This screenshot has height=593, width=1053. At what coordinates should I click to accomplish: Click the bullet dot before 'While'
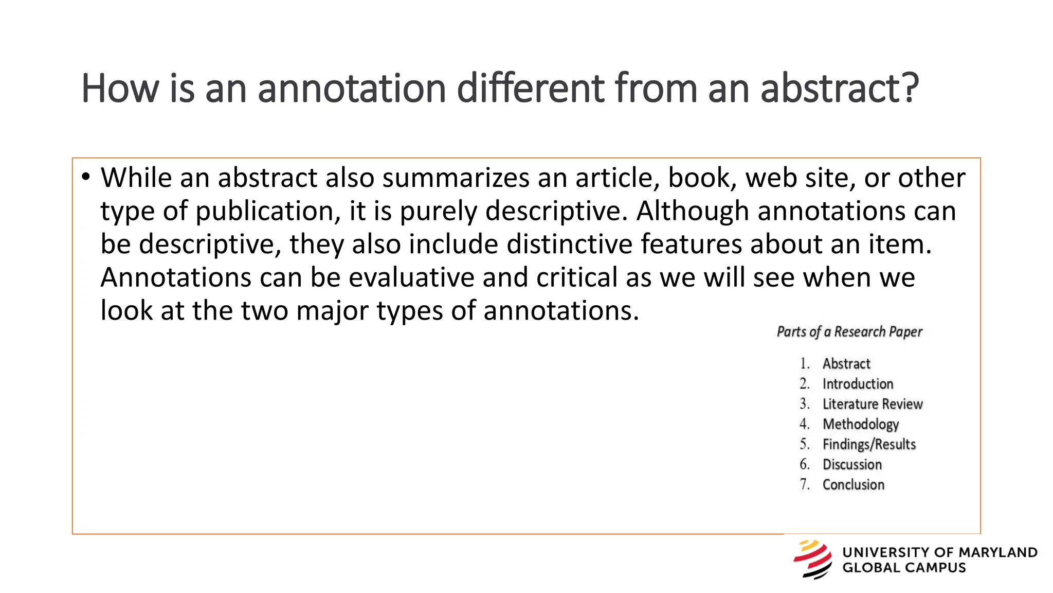(x=85, y=178)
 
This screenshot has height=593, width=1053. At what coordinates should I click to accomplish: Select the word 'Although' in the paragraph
(x=692, y=211)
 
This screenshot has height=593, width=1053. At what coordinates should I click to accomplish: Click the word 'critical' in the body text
(x=576, y=277)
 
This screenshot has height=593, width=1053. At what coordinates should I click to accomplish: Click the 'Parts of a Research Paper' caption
(x=849, y=332)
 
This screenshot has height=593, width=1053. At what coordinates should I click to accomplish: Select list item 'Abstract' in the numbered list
(x=846, y=364)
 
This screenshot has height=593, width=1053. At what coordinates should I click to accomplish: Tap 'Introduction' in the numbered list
(x=858, y=384)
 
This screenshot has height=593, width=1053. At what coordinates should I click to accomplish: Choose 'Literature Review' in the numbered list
(x=873, y=404)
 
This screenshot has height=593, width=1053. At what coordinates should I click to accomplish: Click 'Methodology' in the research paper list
(x=861, y=424)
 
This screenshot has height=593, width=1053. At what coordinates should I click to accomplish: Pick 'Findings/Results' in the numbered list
(x=869, y=444)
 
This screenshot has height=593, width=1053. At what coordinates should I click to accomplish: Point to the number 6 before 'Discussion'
(x=804, y=464)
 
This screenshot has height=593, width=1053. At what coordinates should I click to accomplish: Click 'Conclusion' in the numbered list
(x=854, y=485)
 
